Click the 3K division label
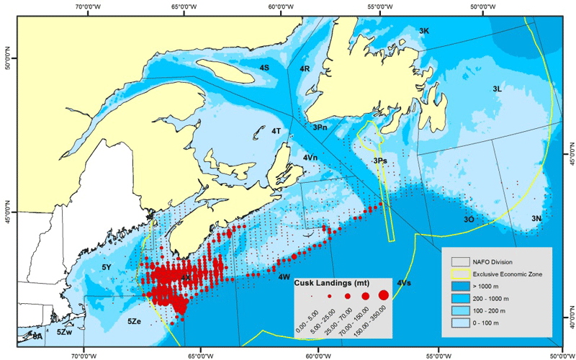[x=424, y=31]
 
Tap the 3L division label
[x=497, y=89]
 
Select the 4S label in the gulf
[x=264, y=67]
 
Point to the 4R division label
[x=305, y=68]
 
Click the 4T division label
[x=276, y=131]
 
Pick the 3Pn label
[x=320, y=127]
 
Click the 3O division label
[x=469, y=219]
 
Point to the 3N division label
[x=536, y=218]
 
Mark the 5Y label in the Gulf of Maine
[x=107, y=267]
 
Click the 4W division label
[x=284, y=276]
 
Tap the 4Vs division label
[x=404, y=283]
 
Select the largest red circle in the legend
[x=384, y=294]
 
